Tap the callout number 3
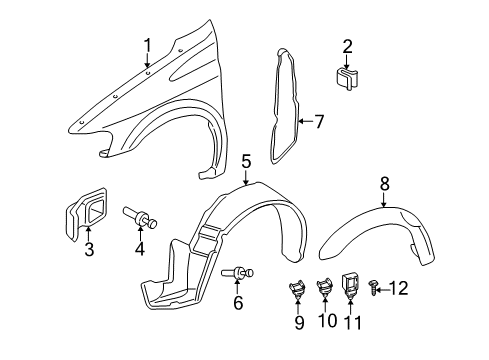[x=89, y=250]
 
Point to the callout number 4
[x=139, y=249]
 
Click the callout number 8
[x=384, y=183]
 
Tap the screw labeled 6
[x=242, y=270]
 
